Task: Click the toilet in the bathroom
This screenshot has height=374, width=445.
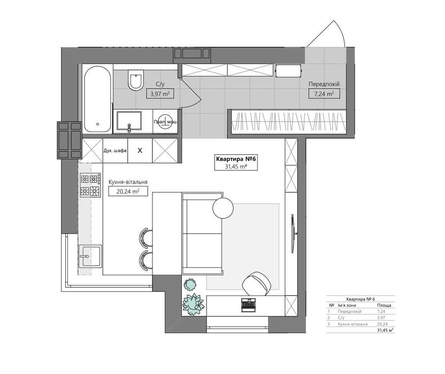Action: click(136, 80)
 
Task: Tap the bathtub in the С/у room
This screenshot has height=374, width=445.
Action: click(97, 99)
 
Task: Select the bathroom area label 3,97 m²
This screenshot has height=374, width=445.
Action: click(160, 94)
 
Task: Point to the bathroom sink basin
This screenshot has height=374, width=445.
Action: click(129, 121)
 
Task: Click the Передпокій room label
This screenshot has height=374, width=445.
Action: click(324, 84)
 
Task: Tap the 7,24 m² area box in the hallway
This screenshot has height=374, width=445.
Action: click(324, 93)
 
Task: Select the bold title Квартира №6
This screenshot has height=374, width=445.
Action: click(236, 159)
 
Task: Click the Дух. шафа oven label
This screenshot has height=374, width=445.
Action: click(115, 151)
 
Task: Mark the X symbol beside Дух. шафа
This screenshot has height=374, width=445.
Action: click(140, 151)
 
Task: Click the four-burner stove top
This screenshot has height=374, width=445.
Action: click(90, 185)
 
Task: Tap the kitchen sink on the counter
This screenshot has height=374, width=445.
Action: click(90, 256)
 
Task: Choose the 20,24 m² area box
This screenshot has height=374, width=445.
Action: click(128, 191)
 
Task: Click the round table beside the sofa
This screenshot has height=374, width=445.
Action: click(223, 208)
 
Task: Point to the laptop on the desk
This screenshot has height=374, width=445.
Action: click(249, 305)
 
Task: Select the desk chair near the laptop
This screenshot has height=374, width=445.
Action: click(257, 284)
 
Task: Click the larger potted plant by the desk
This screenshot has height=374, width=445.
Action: click(193, 304)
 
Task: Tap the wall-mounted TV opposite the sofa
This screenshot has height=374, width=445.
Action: click(294, 233)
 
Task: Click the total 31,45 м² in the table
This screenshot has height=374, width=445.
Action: click(385, 330)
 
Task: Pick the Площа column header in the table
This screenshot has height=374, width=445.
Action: click(384, 306)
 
